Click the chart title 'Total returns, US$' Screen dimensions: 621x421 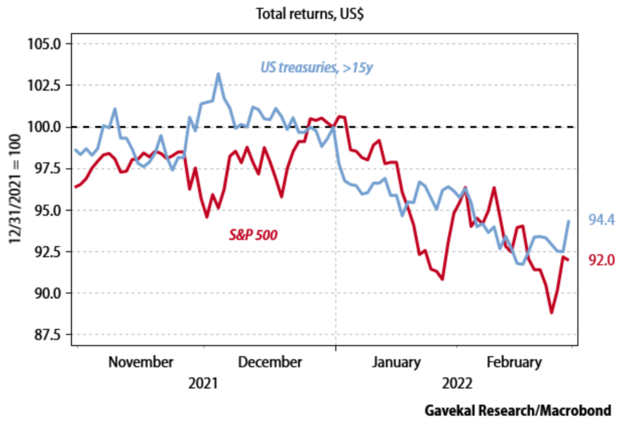310,13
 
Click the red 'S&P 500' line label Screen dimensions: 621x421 252,234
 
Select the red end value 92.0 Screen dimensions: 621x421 602,260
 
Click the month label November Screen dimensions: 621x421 141,362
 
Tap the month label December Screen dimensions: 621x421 270,362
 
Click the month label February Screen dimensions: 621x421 514,362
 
